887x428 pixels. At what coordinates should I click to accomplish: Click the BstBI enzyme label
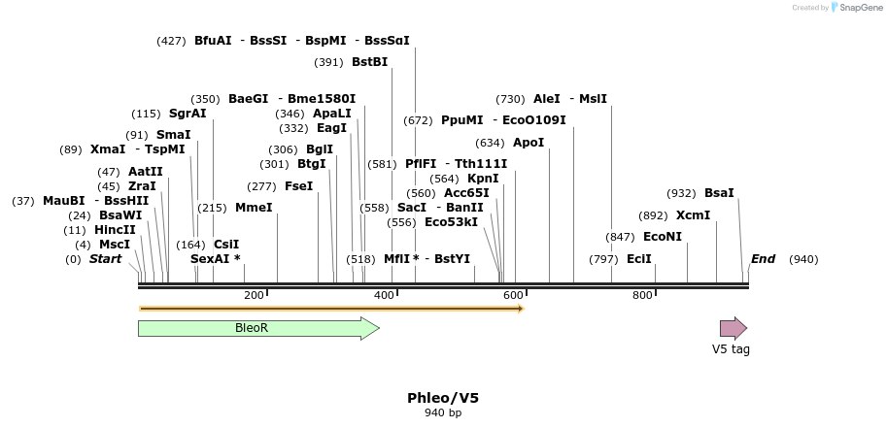point(369,62)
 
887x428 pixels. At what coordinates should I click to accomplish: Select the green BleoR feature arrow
point(257,328)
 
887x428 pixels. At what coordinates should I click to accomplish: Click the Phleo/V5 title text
point(443,398)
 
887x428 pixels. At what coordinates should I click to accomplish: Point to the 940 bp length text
point(443,413)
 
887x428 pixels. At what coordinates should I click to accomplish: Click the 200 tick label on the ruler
point(254,295)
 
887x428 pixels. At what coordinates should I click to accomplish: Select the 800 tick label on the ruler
point(642,295)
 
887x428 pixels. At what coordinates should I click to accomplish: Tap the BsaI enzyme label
point(719,193)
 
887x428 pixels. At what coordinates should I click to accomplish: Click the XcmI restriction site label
point(693,215)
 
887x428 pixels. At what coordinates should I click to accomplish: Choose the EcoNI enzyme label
point(663,237)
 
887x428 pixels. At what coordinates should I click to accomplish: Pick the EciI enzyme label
point(639,259)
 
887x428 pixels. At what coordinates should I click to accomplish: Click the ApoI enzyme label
point(529,143)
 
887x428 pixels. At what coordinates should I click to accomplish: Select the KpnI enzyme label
point(483,179)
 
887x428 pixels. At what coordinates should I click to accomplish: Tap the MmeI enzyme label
point(254,208)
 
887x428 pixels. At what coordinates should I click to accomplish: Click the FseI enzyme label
point(299,186)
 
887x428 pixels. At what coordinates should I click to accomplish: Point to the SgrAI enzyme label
point(188,114)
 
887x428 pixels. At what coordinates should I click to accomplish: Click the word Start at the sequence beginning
point(106,259)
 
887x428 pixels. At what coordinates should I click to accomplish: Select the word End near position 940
point(764,259)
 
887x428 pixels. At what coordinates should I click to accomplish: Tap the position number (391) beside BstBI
point(328,62)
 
